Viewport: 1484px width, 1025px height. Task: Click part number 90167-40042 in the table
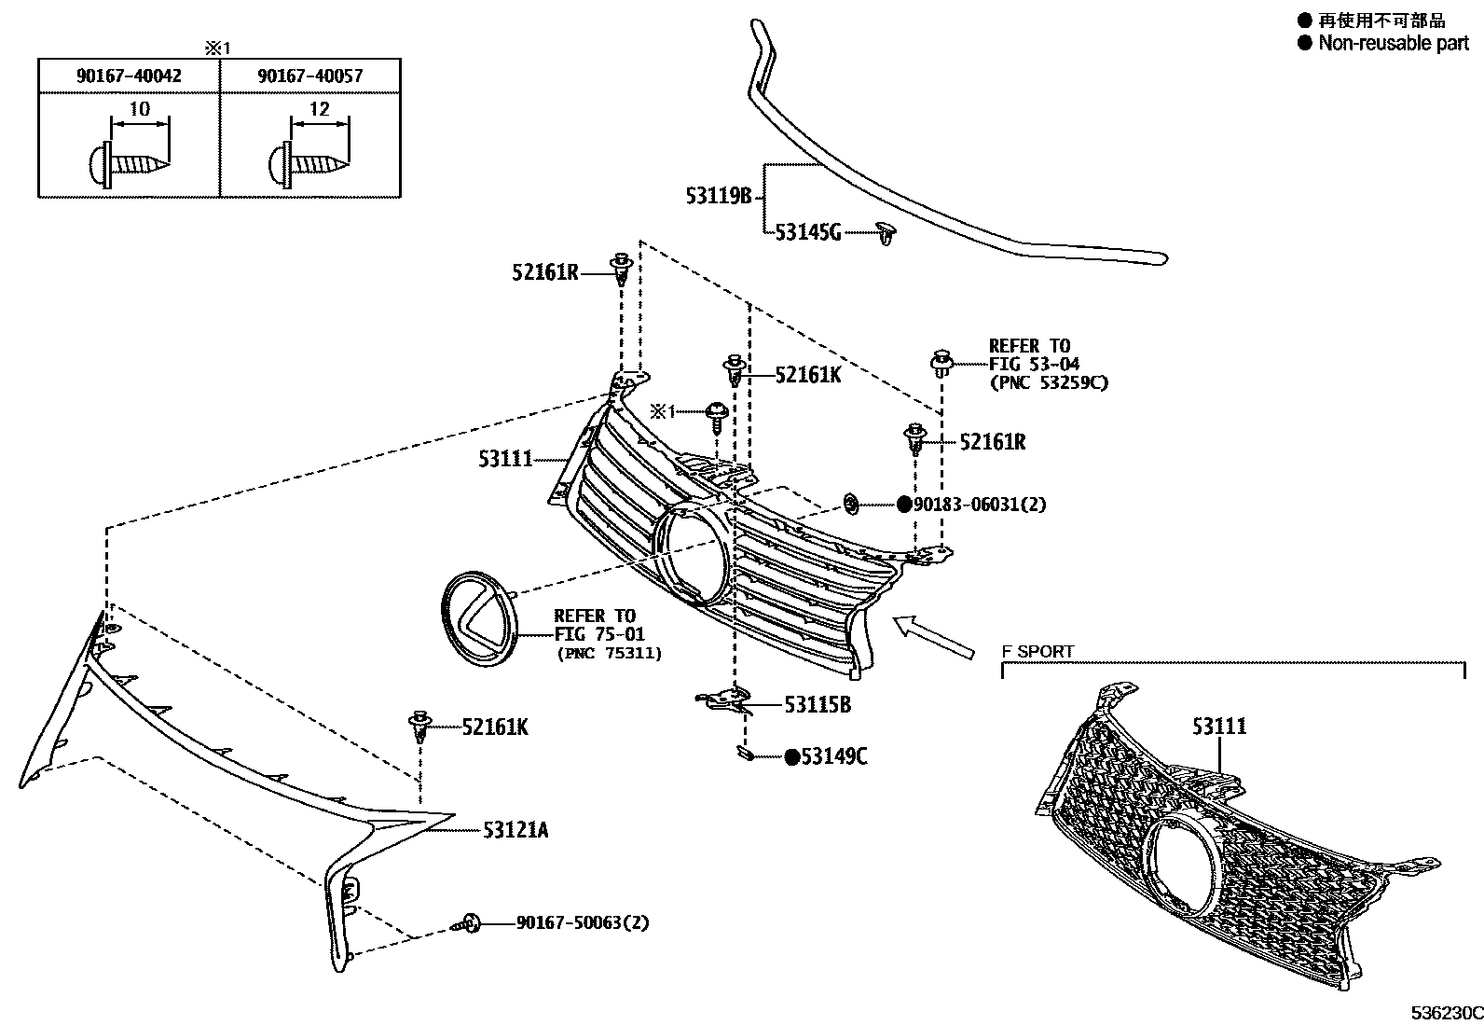click(x=129, y=76)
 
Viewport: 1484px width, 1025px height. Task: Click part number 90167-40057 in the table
click(x=310, y=76)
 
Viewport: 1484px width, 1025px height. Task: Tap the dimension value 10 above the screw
click(x=139, y=109)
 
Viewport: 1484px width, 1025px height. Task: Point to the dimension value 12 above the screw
click(x=319, y=109)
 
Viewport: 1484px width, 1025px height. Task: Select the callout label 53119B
click(x=718, y=196)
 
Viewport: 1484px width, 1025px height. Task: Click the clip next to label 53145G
click(x=886, y=233)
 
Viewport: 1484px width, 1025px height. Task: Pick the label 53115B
click(x=818, y=705)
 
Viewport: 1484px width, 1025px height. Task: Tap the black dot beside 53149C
click(x=791, y=756)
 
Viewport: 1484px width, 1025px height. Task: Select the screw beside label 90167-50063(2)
click(x=467, y=923)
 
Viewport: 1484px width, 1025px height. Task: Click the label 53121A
click(x=515, y=829)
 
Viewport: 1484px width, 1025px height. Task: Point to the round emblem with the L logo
click(x=481, y=620)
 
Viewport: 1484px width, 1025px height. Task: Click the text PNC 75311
click(x=609, y=654)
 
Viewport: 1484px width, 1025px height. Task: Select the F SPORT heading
click(x=1037, y=651)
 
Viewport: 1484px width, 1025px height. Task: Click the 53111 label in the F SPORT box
click(x=1218, y=726)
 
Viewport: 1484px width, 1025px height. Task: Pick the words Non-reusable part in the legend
click(x=1393, y=43)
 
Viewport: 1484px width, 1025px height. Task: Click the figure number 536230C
click(x=1445, y=1012)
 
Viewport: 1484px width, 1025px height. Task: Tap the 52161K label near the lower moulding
click(x=494, y=727)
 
